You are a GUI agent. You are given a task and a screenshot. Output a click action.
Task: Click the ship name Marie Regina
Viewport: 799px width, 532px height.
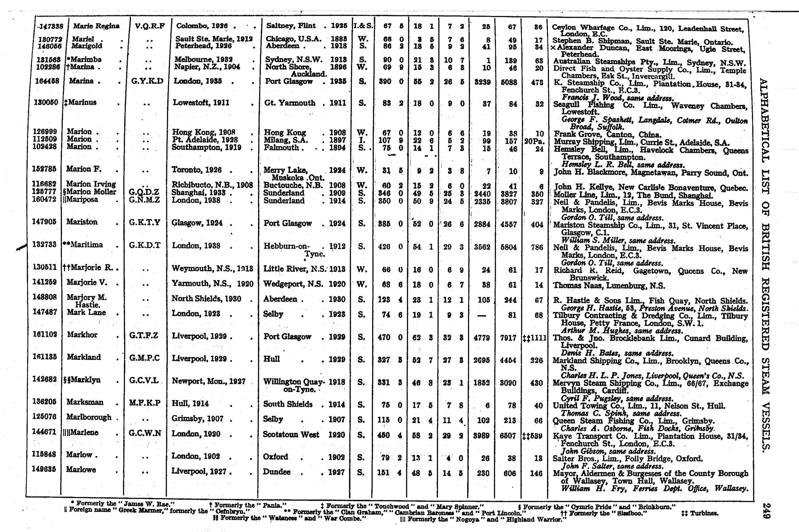point(96,26)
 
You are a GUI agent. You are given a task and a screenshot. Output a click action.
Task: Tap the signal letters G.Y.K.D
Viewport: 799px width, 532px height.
point(147,81)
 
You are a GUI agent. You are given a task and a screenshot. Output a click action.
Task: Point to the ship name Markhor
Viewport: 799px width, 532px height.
point(82,335)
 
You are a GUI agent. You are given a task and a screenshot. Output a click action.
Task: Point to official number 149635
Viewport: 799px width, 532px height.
point(44,470)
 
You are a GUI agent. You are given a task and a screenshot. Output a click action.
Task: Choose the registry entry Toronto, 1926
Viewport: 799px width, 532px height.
point(197,170)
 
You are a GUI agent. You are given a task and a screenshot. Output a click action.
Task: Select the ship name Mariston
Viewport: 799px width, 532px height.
point(82,222)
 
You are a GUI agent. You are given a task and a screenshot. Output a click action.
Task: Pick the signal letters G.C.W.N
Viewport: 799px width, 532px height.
point(145,433)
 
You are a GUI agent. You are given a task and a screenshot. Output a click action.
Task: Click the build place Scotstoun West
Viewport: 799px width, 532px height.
point(291,435)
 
